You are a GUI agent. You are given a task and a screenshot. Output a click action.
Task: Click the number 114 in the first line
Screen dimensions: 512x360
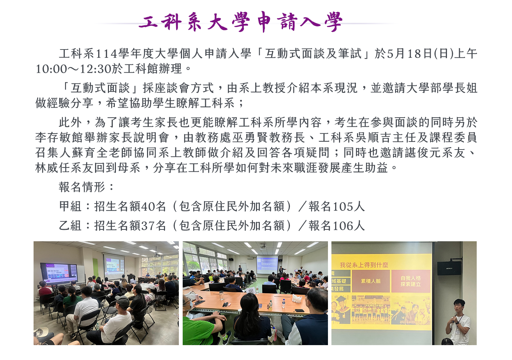106,54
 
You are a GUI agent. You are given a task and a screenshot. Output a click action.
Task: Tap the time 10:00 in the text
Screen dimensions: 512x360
51,69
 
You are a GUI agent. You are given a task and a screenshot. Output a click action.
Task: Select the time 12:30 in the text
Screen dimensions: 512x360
95,69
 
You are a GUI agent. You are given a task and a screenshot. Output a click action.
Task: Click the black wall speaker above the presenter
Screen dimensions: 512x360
449,268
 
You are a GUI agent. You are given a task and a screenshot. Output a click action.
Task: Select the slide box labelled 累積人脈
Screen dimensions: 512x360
371,281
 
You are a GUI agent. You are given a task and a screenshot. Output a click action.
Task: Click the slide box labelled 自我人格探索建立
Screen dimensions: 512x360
411,281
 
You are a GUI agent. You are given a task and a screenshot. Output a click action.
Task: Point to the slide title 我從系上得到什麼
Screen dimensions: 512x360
364,265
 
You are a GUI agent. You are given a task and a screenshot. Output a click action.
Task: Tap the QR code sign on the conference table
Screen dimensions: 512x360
251,290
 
